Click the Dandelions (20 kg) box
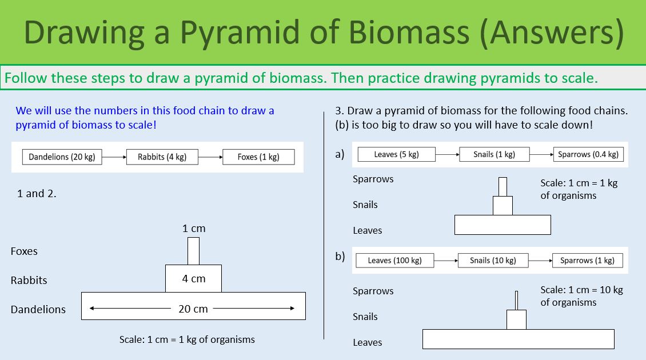(62, 157)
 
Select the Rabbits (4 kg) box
(162, 157)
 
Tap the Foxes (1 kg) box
(258, 157)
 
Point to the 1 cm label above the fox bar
(194, 229)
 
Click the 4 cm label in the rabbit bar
(194, 279)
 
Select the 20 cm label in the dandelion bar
(193, 309)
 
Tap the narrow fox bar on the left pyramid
(193, 251)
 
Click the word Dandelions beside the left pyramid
(38, 309)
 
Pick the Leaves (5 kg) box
(397, 154)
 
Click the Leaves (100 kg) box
(394, 261)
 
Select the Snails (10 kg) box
(493, 261)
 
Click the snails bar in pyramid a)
(503, 205)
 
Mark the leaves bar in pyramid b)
(518, 339)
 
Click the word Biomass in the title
(412, 33)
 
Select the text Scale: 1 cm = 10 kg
(581, 290)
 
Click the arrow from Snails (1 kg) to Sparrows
(541, 154)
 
